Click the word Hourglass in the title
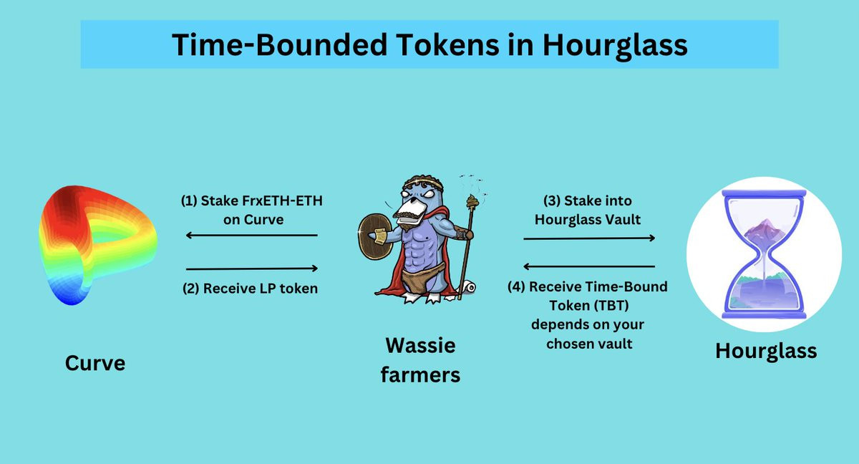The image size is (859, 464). click(x=615, y=45)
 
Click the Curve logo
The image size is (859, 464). click(x=98, y=245)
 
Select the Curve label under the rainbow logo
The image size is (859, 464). click(x=95, y=362)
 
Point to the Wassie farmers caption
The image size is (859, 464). click(x=420, y=359)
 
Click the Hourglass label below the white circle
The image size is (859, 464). click(x=766, y=351)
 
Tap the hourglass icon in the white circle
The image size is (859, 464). click(x=764, y=254)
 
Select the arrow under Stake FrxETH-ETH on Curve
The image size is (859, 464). click(x=251, y=235)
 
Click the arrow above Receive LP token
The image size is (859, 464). click(x=251, y=269)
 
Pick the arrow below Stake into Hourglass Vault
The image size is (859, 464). click(x=589, y=238)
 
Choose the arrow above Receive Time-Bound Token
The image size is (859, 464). click(x=589, y=266)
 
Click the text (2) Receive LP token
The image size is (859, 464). click(x=250, y=289)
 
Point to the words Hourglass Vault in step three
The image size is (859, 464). click(x=588, y=220)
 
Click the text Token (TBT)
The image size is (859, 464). click(x=589, y=306)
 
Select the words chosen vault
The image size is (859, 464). click(x=589, y=344)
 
